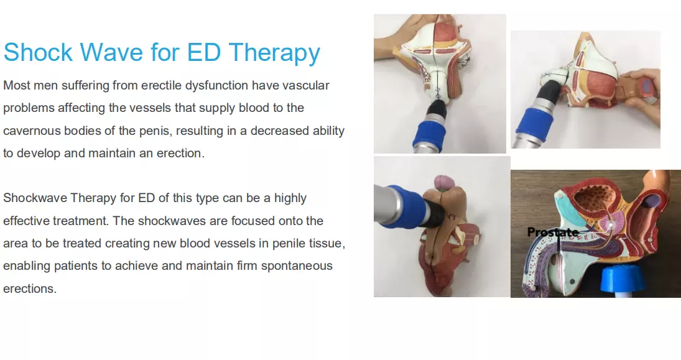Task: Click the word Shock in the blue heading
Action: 38,52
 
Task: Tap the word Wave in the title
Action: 111,52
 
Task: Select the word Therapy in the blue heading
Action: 274,53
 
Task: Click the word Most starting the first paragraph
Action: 17,86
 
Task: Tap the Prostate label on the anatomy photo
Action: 552,233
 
